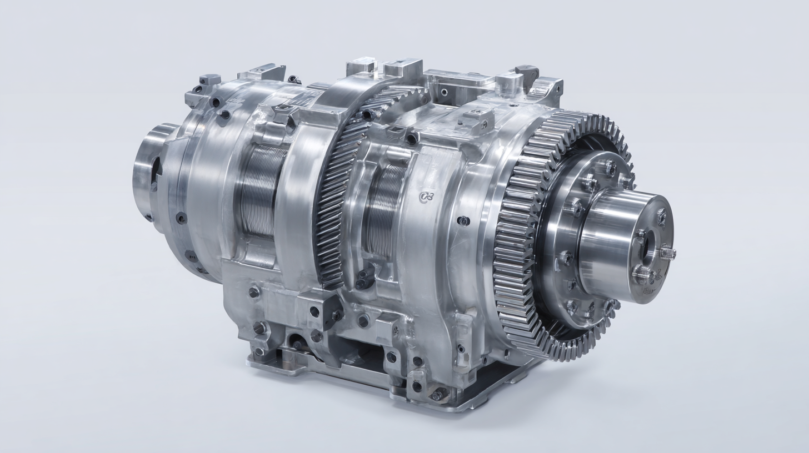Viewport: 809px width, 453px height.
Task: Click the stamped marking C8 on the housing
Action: point(426,197)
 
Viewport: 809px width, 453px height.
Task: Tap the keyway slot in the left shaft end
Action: point(156,166)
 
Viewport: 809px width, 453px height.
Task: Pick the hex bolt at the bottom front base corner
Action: point(438,394)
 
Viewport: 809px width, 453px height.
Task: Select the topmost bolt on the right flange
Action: point(610,166)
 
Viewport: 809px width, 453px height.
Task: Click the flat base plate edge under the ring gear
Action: point(500,389)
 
